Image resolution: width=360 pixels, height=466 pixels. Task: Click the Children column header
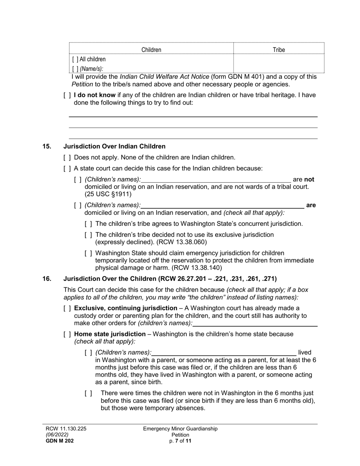(151, 50)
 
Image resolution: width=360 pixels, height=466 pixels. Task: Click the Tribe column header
(279, 50)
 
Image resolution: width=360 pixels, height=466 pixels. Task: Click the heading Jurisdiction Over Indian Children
(114, 146)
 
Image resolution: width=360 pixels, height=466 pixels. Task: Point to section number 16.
(47, 279)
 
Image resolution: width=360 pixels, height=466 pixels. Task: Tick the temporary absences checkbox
(88, 394)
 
